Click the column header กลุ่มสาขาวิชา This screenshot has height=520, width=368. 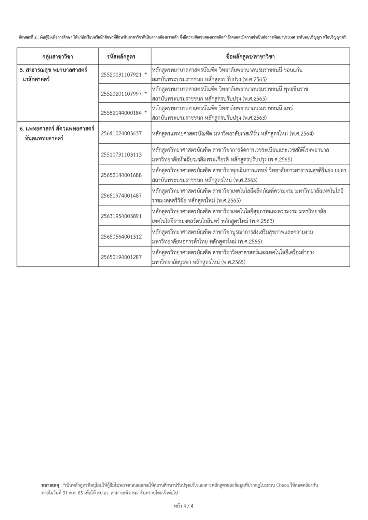(57, 56)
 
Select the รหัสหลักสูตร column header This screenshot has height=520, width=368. (121, 56)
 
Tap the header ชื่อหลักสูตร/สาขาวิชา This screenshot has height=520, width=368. (250, 56)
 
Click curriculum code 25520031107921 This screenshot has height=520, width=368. (121, 75)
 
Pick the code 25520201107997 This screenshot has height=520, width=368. (121, 94)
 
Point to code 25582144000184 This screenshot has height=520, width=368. (121, 113)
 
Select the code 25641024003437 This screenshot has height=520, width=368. (121, 133)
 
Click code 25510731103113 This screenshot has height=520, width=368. (121, 155)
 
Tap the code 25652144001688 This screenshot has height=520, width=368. (121, 175)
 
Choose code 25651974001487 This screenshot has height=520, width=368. (121, 196)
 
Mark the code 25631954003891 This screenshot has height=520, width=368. (121, 216)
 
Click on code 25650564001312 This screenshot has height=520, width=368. (121, 237)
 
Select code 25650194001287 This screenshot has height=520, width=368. (121, 257)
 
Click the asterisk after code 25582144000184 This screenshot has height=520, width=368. (146, 112)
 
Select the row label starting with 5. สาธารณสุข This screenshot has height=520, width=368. (53, 70)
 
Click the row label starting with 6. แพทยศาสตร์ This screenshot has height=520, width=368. (57, 129)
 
